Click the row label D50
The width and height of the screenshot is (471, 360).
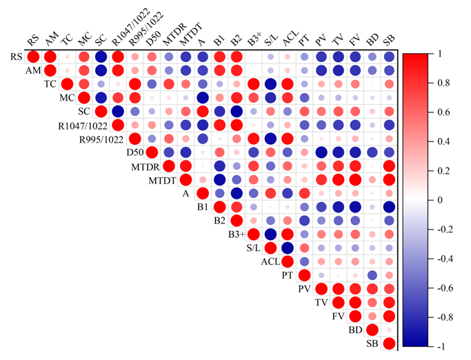134,152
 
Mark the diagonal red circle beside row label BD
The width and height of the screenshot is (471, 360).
372,330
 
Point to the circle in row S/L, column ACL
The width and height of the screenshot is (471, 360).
288,248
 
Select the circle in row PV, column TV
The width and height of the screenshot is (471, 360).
338,288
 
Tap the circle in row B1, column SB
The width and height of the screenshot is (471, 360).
389,207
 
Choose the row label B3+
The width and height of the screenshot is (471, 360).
235,234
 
